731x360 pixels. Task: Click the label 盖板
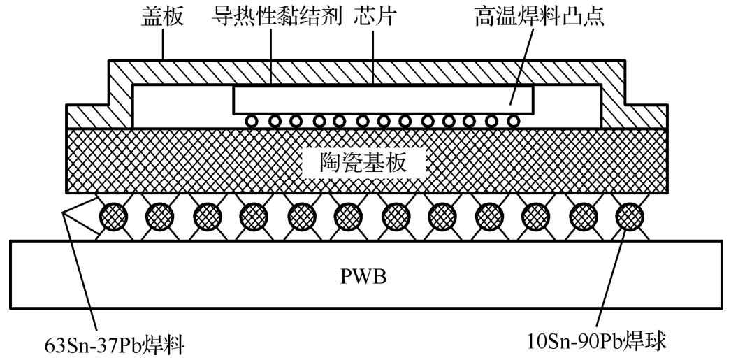tap(163, 16)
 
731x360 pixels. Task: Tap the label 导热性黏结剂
tap(277, 16)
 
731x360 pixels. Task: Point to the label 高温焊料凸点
tap(537, 16)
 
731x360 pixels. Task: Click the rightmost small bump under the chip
tap(514, 121)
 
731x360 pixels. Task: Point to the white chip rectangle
tap(383, 100)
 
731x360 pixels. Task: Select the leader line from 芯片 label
tap(373, 56)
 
